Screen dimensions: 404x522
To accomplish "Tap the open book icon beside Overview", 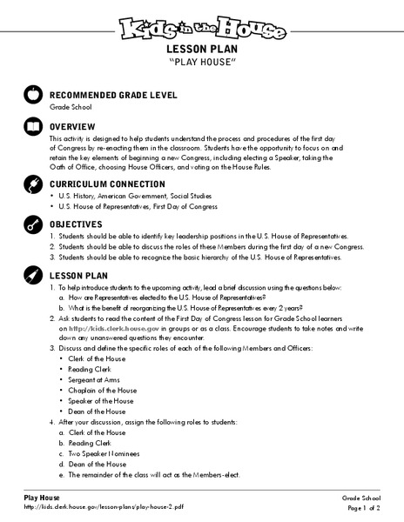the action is pos(34,128).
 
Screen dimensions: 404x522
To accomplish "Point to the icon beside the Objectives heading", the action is pos(34,225).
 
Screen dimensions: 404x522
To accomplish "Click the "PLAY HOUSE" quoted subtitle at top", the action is pos(202,65).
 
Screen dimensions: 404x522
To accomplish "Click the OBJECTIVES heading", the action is pos(81,224).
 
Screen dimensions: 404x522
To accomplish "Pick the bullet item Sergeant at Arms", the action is pos(92,381).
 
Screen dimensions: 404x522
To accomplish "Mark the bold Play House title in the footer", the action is pos(42,496).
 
